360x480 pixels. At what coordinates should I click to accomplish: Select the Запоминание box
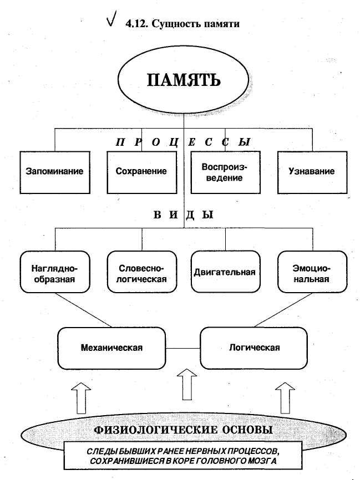click(54, 171)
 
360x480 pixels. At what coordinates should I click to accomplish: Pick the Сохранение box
click(141, 171)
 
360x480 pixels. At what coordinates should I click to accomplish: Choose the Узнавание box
click(311, 171)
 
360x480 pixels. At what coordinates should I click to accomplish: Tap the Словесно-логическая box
click(143, 272)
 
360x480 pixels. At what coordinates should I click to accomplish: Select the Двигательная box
click(225, 272)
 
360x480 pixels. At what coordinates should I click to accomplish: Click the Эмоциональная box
click(312, 272)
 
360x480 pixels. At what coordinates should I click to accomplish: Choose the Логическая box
click(254, 348)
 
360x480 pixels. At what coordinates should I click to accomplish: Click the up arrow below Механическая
click(82, 397)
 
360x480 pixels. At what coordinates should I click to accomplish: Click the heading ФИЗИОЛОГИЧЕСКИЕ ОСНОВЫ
click(183, 430)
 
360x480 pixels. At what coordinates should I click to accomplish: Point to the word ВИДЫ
click(183, 215)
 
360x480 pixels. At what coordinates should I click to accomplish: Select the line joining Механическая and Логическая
click(183, 348)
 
